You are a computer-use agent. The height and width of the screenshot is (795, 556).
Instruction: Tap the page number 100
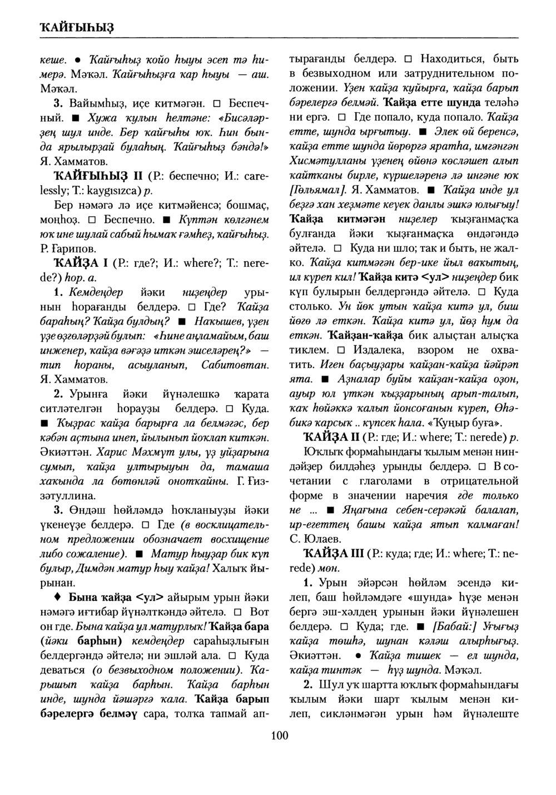(x=279, y=736)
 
